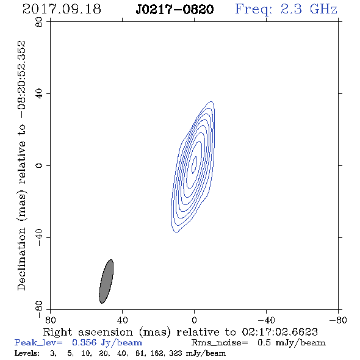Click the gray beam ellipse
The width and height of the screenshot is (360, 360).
[106, 281]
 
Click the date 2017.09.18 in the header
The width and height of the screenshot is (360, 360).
[62, 9]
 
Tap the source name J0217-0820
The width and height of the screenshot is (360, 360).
[175, 10]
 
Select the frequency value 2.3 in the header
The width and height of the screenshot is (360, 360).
[291, 9]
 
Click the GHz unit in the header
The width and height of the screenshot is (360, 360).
[323, 9]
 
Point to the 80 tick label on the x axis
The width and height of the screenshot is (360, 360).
[50, 320]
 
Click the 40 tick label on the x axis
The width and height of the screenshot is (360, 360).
[122, 320]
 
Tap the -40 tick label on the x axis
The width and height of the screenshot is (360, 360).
[266, 320]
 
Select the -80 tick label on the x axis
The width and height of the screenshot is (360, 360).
[338, 320]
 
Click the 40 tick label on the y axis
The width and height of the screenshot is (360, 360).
[39, 94]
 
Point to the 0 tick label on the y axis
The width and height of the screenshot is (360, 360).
[39, 165]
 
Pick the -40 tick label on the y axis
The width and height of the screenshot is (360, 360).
[39, 237]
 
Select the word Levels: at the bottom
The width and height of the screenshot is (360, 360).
[27, 353]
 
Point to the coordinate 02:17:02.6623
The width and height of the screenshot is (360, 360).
[279, 332]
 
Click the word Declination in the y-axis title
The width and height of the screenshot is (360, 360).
[21, 259]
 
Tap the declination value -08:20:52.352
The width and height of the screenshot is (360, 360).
[21, 79]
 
